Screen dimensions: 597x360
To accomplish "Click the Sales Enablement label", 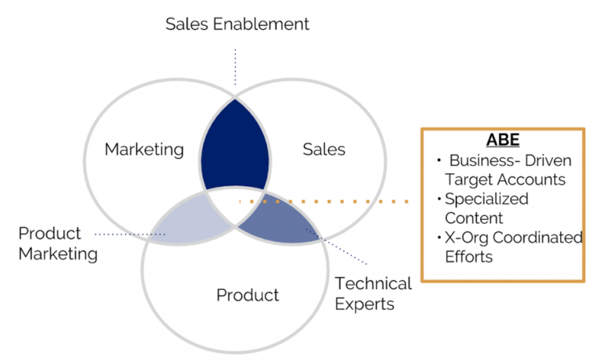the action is point(237,24).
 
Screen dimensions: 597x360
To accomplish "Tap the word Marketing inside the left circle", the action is point(145,150).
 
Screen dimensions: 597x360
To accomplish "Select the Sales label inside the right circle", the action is point(324,149).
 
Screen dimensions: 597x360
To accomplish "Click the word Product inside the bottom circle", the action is point(247,295).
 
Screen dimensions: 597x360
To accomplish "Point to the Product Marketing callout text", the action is point(58,243).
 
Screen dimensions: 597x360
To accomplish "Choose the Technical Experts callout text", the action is point(373,294).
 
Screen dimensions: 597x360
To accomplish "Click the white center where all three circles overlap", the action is point(236,204).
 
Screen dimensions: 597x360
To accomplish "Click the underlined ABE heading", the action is point(503,140).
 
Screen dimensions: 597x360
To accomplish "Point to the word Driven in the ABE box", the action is point(548,161).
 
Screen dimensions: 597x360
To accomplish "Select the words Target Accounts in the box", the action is point(505,179).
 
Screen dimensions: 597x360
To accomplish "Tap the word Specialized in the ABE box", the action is point(487,199).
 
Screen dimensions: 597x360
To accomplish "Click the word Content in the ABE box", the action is point(474,218).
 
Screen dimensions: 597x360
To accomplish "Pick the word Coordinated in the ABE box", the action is point(538,238).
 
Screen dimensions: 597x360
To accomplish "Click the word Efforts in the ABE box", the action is point(469,257).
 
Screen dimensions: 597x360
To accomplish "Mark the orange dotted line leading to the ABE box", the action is point(324,202).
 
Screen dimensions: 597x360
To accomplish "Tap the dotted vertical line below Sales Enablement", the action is point(236,67).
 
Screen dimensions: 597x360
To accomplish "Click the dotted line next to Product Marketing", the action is point(130,234).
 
